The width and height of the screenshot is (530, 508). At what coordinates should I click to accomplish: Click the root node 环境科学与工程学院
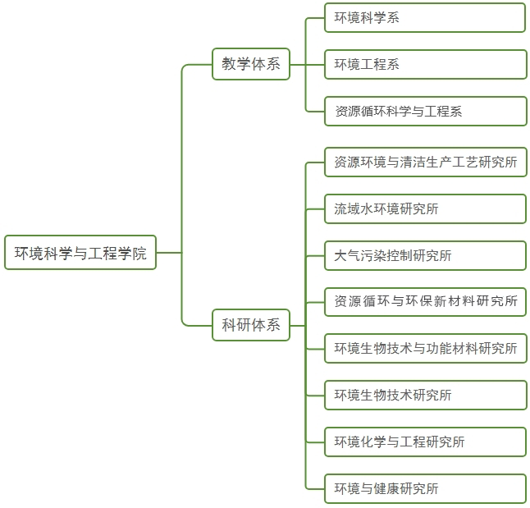pyautogui.click(x=80, y=253)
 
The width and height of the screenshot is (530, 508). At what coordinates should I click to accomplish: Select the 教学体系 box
pyautogui.click(x=251, y=64)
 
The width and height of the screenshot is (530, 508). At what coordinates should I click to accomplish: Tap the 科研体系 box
pyautogui.click(x=251, y=324)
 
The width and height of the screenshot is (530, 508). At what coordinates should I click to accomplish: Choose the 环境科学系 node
pyautogui.click(x=425, y=17)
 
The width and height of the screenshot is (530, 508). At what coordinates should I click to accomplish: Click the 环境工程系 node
pyautogui.click(x=425, y=64)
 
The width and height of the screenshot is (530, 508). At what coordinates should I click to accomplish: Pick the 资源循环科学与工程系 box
pyautogui.click(x=425, y=111)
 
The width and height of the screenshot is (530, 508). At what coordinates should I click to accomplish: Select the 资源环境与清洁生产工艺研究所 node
pyautogui.click(x=425, y=162)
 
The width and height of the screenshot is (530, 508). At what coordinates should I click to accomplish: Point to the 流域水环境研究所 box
pyautogui.click(x=425, y=208)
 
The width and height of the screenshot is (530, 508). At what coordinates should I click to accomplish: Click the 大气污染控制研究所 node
pyautogui.click(x=425, y=255)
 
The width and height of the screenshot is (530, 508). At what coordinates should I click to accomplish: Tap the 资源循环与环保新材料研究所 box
pyautogui.click(x=425, y=302)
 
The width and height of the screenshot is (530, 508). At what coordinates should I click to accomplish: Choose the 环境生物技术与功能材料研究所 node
pyautogui.click(x=425, y=349)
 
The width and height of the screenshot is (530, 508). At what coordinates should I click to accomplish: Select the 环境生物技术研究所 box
pyautogui.click(x=425, y=395)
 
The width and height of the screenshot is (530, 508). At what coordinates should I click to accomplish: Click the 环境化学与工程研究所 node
pyautogui.click(x=425, y=442)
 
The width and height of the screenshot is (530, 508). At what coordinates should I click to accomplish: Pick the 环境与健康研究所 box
pyautogui.click(x=425, y=488)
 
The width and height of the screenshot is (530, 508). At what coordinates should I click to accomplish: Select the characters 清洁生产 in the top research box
pyautogui.click(x=425, y=162)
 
